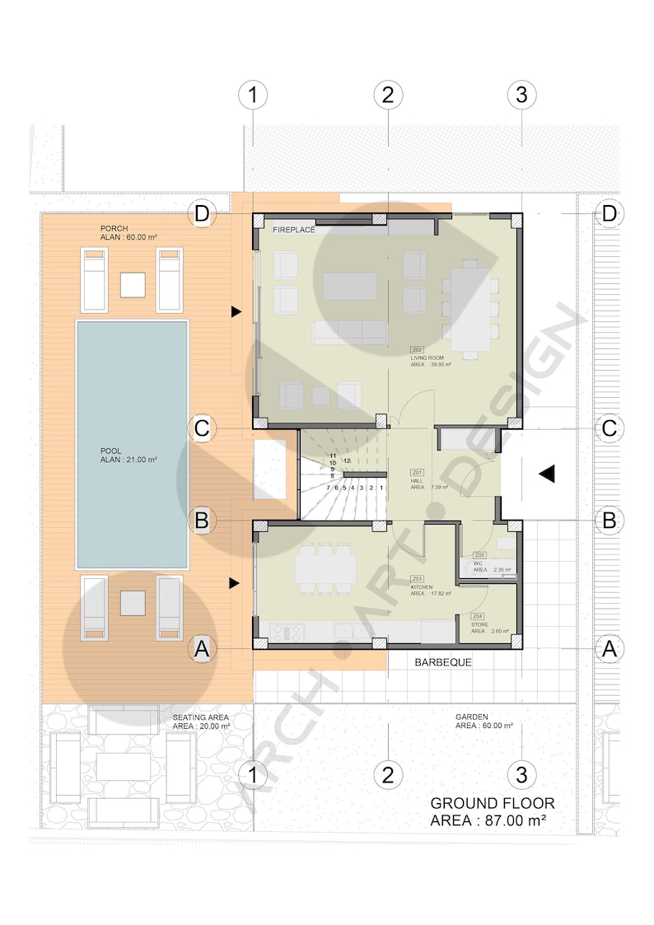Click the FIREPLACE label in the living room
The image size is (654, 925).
click(293, 231)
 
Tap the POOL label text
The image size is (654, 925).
click(112, 451)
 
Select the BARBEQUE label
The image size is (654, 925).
click(443, 661)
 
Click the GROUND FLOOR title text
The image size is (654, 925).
click(493, 803)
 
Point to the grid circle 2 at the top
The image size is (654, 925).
click(388, 95)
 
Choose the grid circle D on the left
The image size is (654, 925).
click(202, 215)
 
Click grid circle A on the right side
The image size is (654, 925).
click(609, 648)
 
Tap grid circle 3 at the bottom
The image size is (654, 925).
click(521, 774)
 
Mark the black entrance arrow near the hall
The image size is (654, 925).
click(547, 474)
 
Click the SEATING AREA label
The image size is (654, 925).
click(200, 717)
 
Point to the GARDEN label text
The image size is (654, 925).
click(473, 717)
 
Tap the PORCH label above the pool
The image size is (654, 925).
click(114, 228)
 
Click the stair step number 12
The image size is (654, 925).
click(348, 460)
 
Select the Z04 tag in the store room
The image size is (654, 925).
click(478, 616)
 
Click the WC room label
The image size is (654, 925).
click(478, 564)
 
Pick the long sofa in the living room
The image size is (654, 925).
click(349, 333)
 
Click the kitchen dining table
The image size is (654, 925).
click(327, 568)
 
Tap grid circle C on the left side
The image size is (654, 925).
click(202, 428)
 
